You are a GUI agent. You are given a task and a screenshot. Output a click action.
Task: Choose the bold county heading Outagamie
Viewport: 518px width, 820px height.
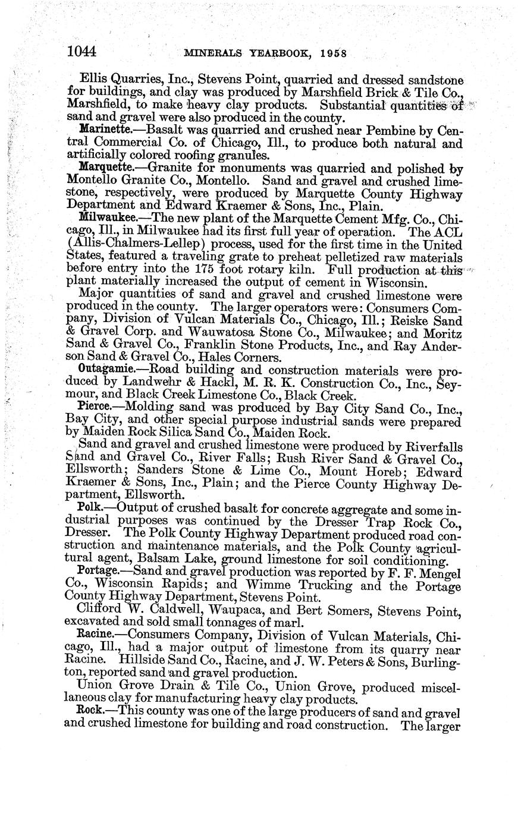(102, 367)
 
